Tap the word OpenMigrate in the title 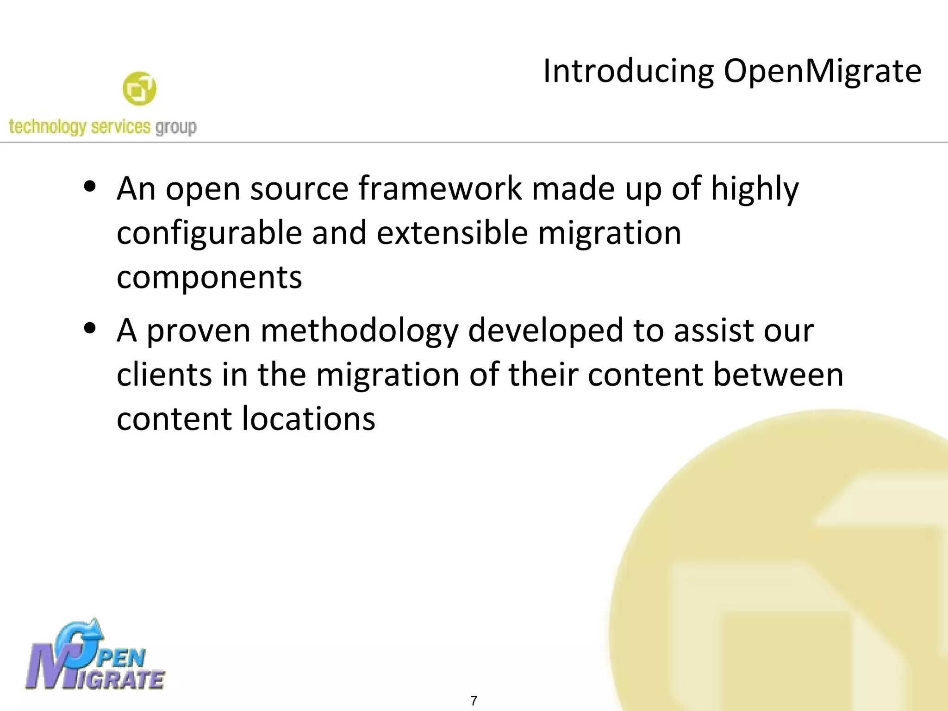pyautogui.click(x=823, y=72)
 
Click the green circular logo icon pyautogui.click(x=139, y=88)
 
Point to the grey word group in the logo pyautogui.click(x=176, y=127)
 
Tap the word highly pyautogui.click(x=755, y=190)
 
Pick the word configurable pyautogui.click(x=209, y=233)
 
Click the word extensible pyautogui.click(x=452, y=232)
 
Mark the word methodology pyautogui.click(x=359, y=331)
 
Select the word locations pyautogui.click(x=309, y=418)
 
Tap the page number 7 pyautogui.click(x=474, y=701)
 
